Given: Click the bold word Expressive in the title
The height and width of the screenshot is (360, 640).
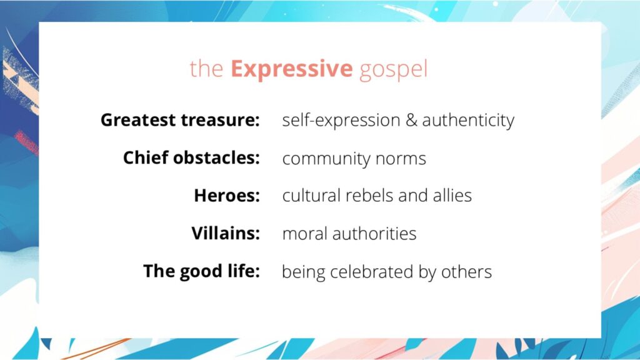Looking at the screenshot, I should (x=291, y=69).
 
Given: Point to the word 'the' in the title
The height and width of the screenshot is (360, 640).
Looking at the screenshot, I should (x=206, y=69).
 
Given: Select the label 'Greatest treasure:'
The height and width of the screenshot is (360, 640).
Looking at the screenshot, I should (x=180, y=120).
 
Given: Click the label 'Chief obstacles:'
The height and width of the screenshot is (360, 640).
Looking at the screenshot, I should (x=191, y=158).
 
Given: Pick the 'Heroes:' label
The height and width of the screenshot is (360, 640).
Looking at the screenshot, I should (x=227, y=196).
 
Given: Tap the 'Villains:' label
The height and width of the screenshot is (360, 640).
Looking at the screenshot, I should (x=226, y=234).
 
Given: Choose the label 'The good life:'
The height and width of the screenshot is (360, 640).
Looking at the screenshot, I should (x=201, y=271).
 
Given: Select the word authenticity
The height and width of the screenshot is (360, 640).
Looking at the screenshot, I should (x=468, y=120).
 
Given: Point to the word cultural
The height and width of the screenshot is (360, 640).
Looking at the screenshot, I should (x=309, y=196).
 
